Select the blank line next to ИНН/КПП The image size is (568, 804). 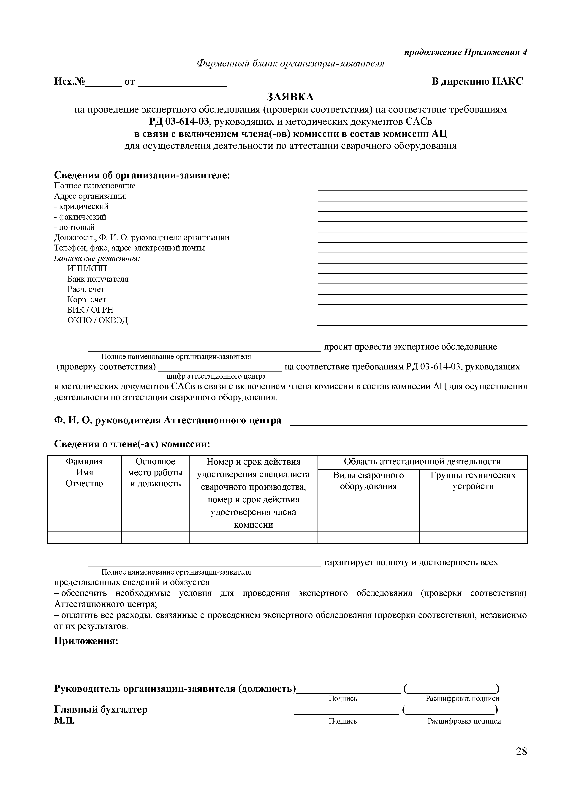(422, 273)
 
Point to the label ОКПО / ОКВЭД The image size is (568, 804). (97, 320)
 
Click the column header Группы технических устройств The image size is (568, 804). (473, 481)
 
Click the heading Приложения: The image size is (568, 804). (86, 641)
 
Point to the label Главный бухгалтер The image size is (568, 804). (101, 709)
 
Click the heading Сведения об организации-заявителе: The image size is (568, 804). (142, 175)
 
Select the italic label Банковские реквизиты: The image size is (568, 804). (97, 259)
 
